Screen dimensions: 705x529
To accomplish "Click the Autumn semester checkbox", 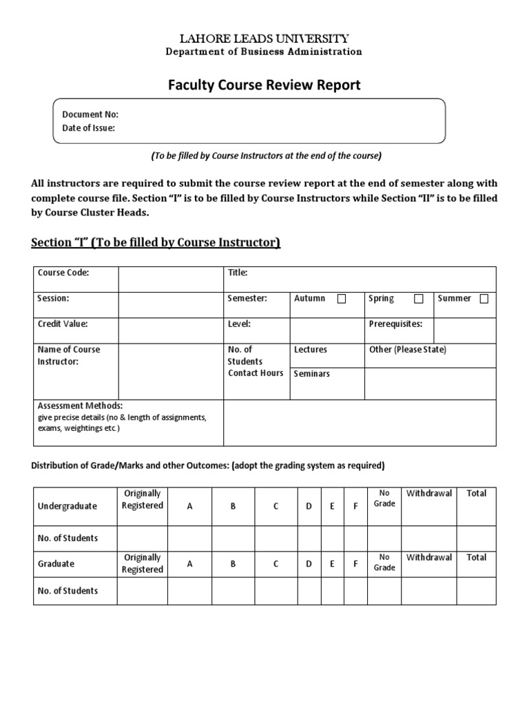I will tap(342, 299).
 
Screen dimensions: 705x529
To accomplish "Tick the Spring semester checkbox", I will tap(419, 299).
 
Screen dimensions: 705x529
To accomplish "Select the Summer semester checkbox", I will tap(484, 299).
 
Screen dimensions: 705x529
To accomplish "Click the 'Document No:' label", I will tap(90, 114).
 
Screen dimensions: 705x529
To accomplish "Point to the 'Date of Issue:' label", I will tap(89, 127).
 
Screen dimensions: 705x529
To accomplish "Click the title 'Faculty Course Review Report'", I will tap(264, 85).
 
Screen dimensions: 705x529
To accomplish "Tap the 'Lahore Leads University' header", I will tap(264, 39).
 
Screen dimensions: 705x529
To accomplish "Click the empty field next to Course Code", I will tap(170, 279).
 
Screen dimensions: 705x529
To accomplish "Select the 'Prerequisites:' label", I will tap(395, 324).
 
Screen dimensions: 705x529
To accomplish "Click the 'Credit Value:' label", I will tap(63, 324).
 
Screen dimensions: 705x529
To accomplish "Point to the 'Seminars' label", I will tap(312, 374).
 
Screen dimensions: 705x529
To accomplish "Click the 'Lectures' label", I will tap(311, 350).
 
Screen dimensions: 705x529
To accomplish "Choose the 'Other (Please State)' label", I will tap(408, 350).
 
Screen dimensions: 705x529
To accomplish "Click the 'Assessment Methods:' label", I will tap(80, 406).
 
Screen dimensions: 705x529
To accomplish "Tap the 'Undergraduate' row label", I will tap(68, 506).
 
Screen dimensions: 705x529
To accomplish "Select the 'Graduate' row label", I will tap(56, 563).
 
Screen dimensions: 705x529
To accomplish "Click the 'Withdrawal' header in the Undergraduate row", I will tap(429, 493).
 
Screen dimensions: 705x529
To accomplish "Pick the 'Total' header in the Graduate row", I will tap(476, 557).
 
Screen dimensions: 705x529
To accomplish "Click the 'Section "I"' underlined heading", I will tap(156, 242).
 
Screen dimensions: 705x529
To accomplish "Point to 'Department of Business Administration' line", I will tap(264, 52).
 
